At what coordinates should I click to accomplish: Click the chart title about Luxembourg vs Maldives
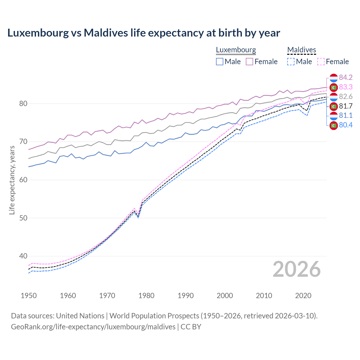[144, 33]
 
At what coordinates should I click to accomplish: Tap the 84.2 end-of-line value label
[346, 77]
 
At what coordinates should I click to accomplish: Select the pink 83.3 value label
[346, 87]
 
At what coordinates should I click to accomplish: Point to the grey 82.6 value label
[346, 96]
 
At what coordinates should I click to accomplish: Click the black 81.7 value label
[346, 106]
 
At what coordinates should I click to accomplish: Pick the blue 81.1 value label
[346, 116]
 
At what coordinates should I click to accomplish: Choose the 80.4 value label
[346, 125]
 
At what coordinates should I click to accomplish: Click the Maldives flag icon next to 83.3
[334, 87]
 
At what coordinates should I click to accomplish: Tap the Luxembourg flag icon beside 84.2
[334, 78]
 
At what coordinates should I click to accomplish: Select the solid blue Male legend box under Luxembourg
[220, 62]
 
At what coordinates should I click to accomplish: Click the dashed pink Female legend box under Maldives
[321, 62]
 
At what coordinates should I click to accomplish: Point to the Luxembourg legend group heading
[236, 50]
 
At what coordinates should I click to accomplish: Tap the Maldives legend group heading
[301, 50]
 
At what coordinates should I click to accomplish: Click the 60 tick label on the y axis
[23, 180]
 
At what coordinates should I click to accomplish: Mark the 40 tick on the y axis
[23, 256]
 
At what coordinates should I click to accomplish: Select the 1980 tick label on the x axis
[146, 296]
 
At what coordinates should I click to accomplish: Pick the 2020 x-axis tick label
[303, 296]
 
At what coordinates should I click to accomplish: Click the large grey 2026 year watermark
[297, 269]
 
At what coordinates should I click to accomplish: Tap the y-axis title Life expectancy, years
[12, 180]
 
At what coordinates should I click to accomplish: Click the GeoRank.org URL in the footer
[93, 327]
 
